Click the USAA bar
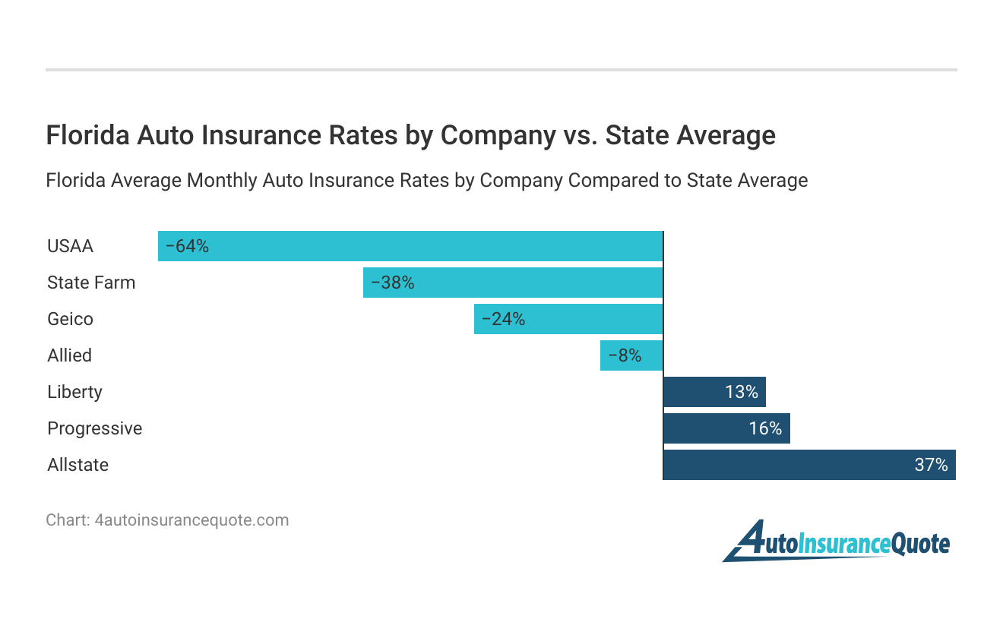pos(410,246)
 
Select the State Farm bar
pos(513,283)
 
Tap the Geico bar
pos(568,319)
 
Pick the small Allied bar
pos(631,355)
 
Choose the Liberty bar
pos(714,392)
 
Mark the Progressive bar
pos(726,428)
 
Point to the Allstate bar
pos(809,465)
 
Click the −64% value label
pos(187,246)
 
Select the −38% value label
pos(392,283)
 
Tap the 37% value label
pos(931,465)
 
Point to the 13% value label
pos(741,392)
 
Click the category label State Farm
pos(91,283)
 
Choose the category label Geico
pos(70,319)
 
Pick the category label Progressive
pos(94,428)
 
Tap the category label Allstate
pos(78,465)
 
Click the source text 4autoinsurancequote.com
pos(191,520)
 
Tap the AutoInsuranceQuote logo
pos(836,542)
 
